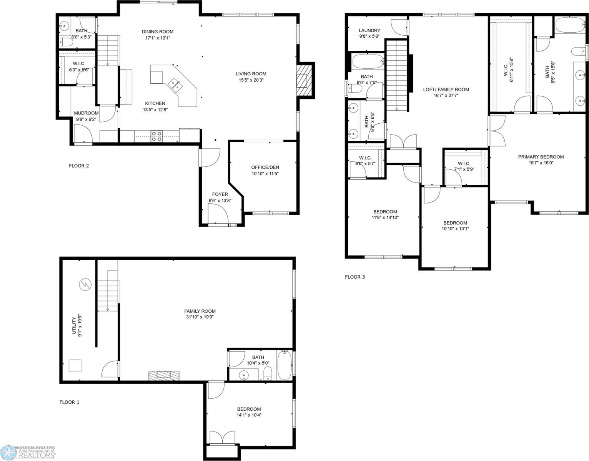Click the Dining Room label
point(157,32)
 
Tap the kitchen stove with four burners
point(156,136)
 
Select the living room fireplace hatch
point(304,80)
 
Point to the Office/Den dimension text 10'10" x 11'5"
point(265,174)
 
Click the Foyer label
point(220,194)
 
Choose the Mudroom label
point(86,113)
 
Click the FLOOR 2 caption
point(79,166)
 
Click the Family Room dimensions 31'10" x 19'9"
point(200,317)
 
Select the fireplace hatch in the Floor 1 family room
point(164,375)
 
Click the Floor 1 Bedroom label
point(249,409)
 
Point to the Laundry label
point(369,31)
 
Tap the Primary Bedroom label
point(541,157)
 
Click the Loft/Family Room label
point(446,90)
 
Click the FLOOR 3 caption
point(354,277)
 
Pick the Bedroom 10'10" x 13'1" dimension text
point(455,229)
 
